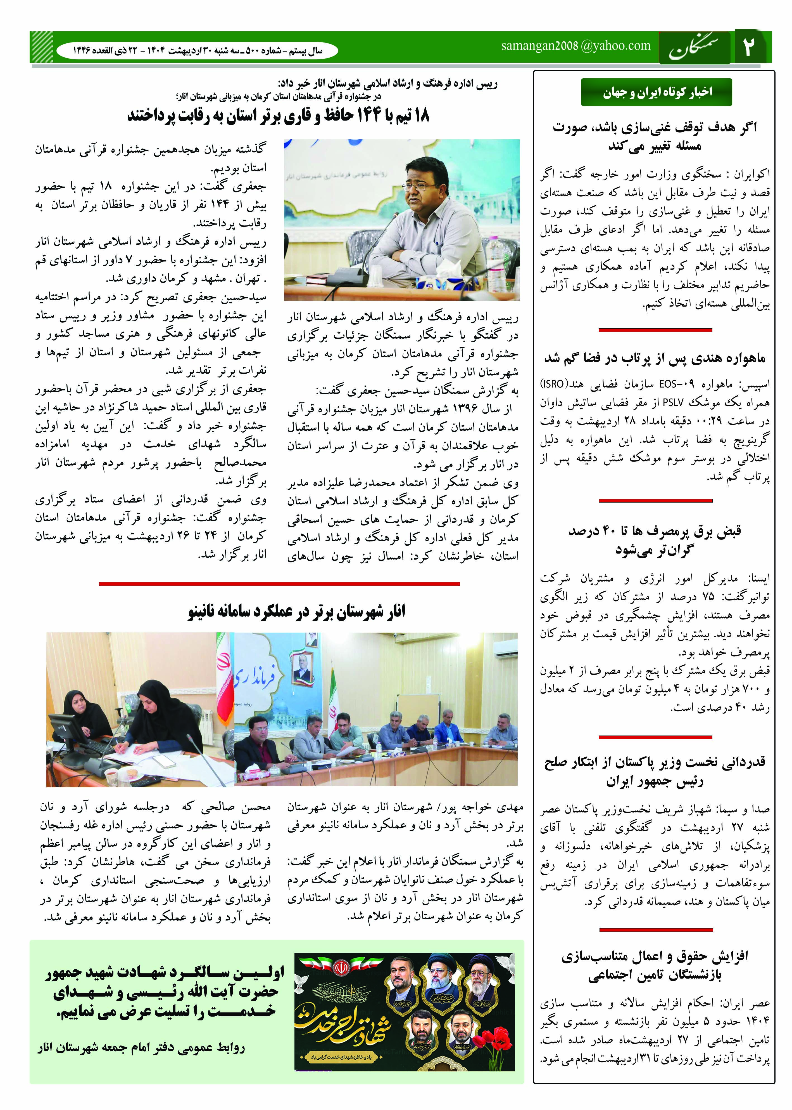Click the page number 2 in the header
click(x=749, y=47)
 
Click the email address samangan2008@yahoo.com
click(x=575, y=46)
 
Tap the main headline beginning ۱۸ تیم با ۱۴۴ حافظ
click(x=278, y=116)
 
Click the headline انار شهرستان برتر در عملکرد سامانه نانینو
click(x=296, y=612)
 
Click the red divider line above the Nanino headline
click(x=279, y=583)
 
